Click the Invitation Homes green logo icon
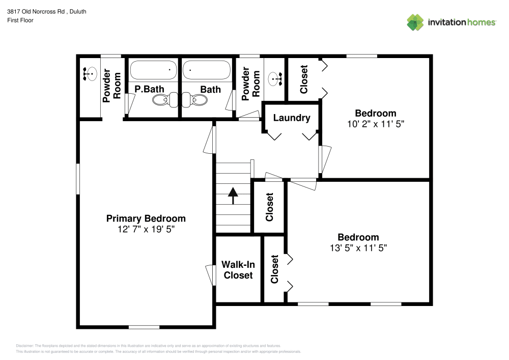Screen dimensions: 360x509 click(x=415, y=22)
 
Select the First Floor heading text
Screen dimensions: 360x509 click(x=20, y=20)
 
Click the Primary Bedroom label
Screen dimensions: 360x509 click(x=146, y=218)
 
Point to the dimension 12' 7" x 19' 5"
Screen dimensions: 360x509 click(x=146, y=229)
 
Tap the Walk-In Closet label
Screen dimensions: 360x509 click(x=238, y=270)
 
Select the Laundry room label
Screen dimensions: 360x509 click(x=292, y=118)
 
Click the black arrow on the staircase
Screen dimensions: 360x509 click(x=233, y=195)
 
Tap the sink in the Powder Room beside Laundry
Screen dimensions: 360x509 click(x=275, y=78)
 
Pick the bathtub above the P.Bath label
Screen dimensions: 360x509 click(x=153, y=70)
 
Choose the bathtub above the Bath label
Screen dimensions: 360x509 click(x=206, y=70)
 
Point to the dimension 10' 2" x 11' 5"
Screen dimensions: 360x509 click(x=376, y=124)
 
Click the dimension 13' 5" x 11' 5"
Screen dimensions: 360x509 click(x=358, y=248)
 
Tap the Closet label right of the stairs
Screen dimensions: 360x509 click(x=269, y=207)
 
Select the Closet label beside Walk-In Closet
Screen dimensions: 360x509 click(x=275, y=269)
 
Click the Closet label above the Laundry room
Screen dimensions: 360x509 click(x=304, y=79)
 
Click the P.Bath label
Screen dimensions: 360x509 click(x=149, y=89)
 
